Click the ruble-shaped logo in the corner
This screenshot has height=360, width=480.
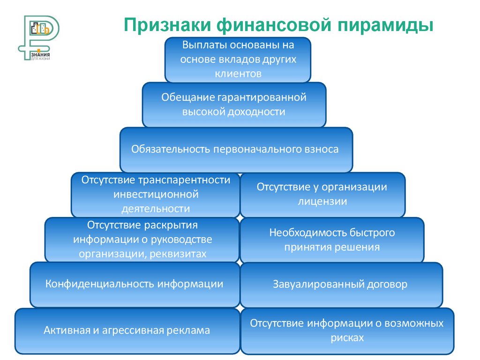[39, 36]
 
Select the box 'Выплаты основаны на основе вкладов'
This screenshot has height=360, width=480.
[238, 60]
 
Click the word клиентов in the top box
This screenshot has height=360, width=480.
[238, 74]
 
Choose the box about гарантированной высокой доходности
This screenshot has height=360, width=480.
[234, 105]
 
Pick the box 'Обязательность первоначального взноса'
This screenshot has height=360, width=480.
[236, 150]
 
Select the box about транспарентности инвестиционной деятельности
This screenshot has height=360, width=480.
[155, 195]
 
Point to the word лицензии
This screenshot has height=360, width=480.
[322, 202]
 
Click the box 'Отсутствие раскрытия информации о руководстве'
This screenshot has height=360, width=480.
[142, 240]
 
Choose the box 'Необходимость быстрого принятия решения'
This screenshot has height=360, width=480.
[332, 240]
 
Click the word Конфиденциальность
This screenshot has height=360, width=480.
[100, 284]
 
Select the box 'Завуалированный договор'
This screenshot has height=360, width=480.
[341, 284]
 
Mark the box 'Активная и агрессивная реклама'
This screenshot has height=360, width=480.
[127, 330]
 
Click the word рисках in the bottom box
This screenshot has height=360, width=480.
[346, 337]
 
